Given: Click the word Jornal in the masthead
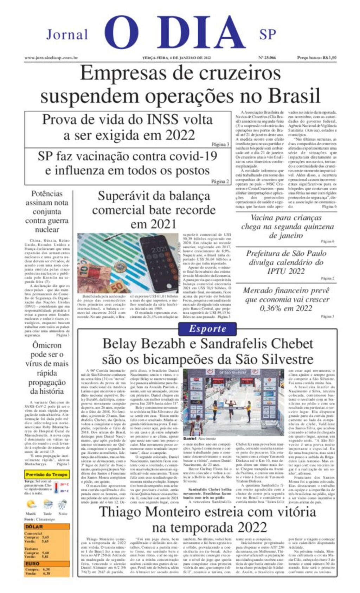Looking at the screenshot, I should tap(67, 34).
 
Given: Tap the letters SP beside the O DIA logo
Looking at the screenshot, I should tap(268, 34).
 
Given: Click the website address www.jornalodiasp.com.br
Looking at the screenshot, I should tap(51, 58).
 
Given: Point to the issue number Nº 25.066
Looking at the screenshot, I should tap(267, 58).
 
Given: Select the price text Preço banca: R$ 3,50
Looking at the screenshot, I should tap(316, 58).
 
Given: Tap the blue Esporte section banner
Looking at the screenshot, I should tap(207, 329).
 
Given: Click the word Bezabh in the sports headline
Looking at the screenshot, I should tap(175, 343).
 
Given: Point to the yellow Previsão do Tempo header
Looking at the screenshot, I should tap(46, 474).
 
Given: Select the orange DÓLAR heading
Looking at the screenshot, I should tap(34, 527).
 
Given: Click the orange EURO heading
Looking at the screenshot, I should tap(32, 563).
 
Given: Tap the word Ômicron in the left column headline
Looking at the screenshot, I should tap(47, 345).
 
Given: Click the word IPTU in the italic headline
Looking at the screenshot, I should tap(278, 271).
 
